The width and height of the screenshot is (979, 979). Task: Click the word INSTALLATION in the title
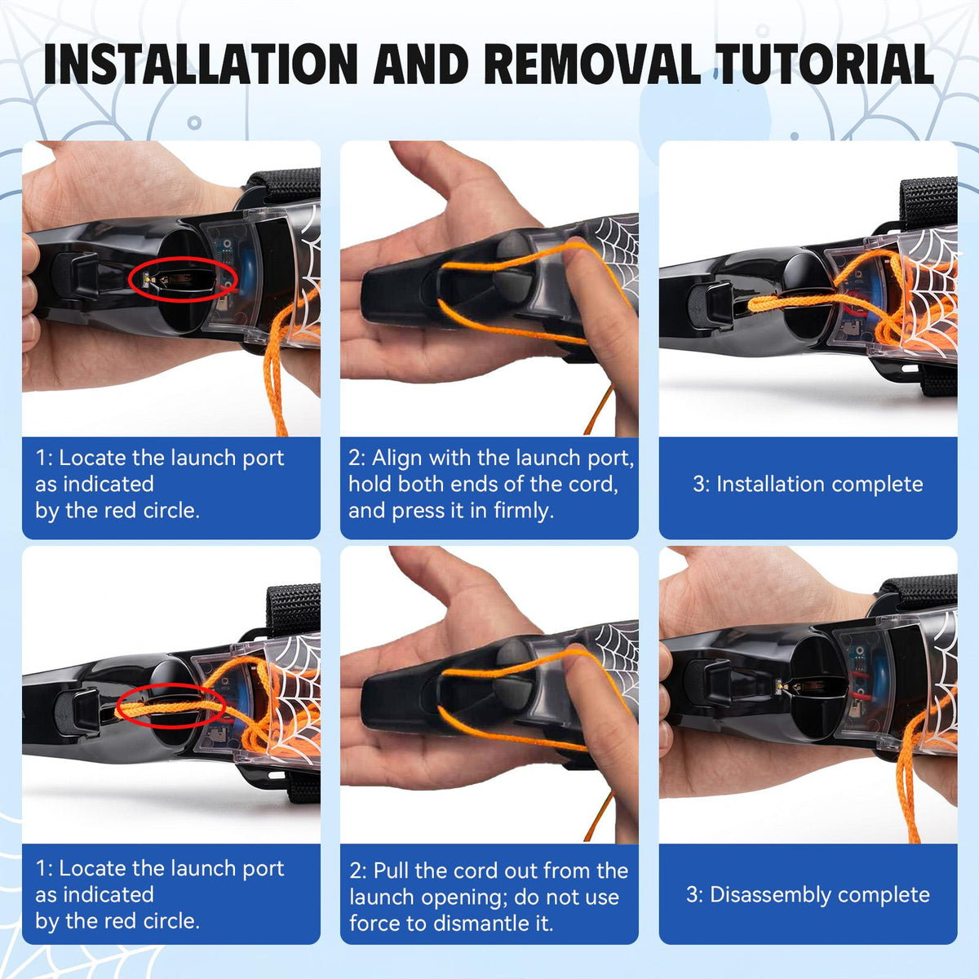pyautogui.click(x=201, y=64)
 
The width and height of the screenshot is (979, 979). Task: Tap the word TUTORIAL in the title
pyautogui.click(x=825, y=64)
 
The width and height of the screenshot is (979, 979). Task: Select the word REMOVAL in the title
pyautogui.click(x=591, y=64)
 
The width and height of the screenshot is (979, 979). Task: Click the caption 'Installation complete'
pyautogui.click(x=808, y=484)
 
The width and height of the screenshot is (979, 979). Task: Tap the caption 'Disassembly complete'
pyautogui.click(x=808, y=895)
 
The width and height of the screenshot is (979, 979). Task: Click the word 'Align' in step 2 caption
pyautogui.click(x=396, y=458)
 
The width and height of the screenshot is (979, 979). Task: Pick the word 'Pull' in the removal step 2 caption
pyautogui.click(x=392, y=870)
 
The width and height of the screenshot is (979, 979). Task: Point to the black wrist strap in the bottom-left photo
pyautogui.click(x=294, y=609)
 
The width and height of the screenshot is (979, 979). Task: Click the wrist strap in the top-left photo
pyautogui.click(x=285, y=186)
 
